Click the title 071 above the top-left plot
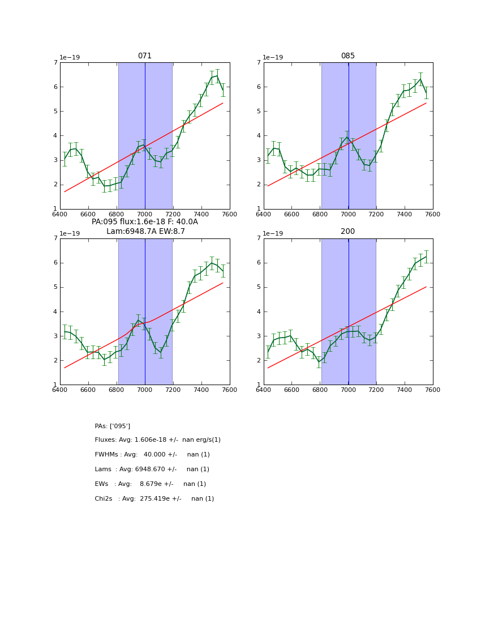[x=145, y=56]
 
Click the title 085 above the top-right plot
[x=348, y=56]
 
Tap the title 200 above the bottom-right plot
[x=348, y=232]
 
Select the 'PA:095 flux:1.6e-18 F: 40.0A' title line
[x=145, y=222]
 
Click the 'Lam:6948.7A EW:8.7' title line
[x=145, y=232]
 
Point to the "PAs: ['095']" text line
[x=113, y=426]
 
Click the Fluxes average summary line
[x=158, y=440]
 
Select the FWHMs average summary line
[x=152, y=455]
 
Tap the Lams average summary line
[x=152, y=470]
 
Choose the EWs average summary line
[x=151, y=484]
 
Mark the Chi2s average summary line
[x=154, y=499]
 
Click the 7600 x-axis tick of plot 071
[x=230, y=214]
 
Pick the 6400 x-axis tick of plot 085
[x=264, y=214]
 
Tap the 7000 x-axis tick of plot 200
[x=348, y=390]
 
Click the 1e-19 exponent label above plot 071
[x=70, y=58]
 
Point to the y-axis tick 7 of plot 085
[x=259, y=62]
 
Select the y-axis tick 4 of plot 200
[x=259, y=311]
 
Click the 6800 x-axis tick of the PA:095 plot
[x=117, y=390]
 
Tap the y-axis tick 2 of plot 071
[x=55, y=185]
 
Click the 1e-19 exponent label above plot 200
[x=274, y=233]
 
